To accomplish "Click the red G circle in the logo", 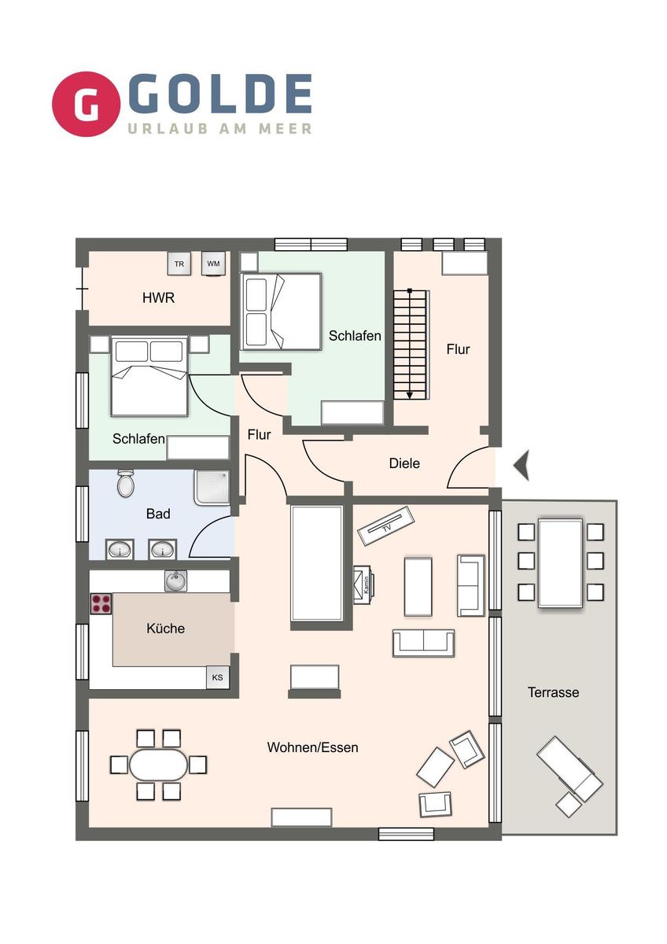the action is [86, 104].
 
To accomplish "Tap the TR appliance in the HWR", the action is [179, 264].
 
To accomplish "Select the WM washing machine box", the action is [213, 264].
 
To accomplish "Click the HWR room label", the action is [158, 298].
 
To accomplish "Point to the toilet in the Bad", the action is [125, 483].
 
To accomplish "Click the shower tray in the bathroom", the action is [212, 488].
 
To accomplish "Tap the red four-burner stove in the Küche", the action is [101, 603].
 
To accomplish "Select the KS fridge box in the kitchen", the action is [217, 677].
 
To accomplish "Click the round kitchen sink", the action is [175, 581].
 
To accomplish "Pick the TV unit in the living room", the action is [386, 526].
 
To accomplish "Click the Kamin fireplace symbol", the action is [364, 585].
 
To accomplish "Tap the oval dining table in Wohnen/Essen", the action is [158, 765].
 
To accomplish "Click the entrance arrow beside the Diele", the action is [521, 465].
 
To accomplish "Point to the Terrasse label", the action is [553, 692].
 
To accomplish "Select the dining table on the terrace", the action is [560, 563].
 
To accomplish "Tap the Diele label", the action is [404, 463].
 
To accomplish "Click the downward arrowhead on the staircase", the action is [409, 395].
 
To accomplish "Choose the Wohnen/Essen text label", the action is [312, 747].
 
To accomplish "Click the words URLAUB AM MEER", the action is [219, 128].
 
